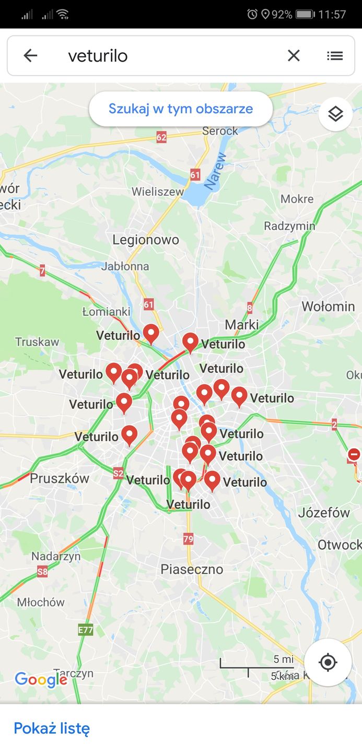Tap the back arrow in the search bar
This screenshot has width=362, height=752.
[30, 55]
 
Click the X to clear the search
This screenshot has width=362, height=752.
[294, 55]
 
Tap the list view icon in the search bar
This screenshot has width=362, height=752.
[335, 55]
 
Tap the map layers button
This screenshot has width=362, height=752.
[335, 113]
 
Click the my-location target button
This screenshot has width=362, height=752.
[328, 662]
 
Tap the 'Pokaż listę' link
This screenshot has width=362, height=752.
[52, 728]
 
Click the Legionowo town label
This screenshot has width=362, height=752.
[146, 240]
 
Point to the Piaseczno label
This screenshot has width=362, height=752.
[192, 569]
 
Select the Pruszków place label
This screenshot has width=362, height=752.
[60, 478]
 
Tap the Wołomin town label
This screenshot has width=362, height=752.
[328, 306]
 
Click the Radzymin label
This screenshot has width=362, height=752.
[289, 226]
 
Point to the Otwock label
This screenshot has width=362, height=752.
[339, 545]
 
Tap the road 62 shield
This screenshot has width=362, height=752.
[161, 137]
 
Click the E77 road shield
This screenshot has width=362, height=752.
[86, 630]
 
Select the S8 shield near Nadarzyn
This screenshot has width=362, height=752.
[42, 572]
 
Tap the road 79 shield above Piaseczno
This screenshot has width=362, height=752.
[188, 538]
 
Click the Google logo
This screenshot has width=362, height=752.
[41, 679]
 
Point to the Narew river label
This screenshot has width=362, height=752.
[215, 171]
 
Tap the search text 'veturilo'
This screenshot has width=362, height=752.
[98, 56]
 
